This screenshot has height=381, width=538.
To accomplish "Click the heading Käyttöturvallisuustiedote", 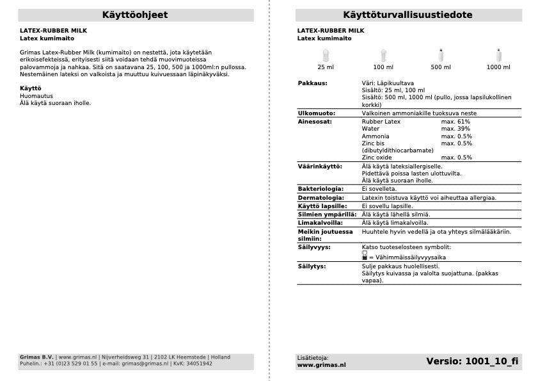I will [x=407, y=15].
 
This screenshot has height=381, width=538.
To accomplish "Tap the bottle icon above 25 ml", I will [x=326, y=55].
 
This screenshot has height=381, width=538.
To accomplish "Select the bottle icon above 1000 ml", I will [x=498, y=55].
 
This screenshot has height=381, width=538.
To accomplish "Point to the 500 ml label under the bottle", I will [x=441, y=67].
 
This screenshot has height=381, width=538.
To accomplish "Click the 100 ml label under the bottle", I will [x=383, y=67].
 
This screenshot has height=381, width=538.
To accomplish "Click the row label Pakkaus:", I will [x=313, y=83].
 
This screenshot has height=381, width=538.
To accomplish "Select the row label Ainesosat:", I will [x=315, y=122].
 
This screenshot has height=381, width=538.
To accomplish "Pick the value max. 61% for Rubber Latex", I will [x=455, y=122].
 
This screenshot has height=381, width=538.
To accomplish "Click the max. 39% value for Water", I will [x=455, y=129].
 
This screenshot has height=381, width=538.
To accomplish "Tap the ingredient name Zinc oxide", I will [x=377, y=158].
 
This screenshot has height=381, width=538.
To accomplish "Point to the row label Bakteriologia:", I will [x=320, y=190].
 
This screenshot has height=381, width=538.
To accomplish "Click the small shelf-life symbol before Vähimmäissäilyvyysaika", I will [x=364, y=255].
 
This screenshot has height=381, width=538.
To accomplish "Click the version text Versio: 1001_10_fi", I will [x=472, y=362].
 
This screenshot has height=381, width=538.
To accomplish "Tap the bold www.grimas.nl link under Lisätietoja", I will [x=321, y=365].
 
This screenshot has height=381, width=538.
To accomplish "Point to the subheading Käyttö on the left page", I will [x=31, y=88].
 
